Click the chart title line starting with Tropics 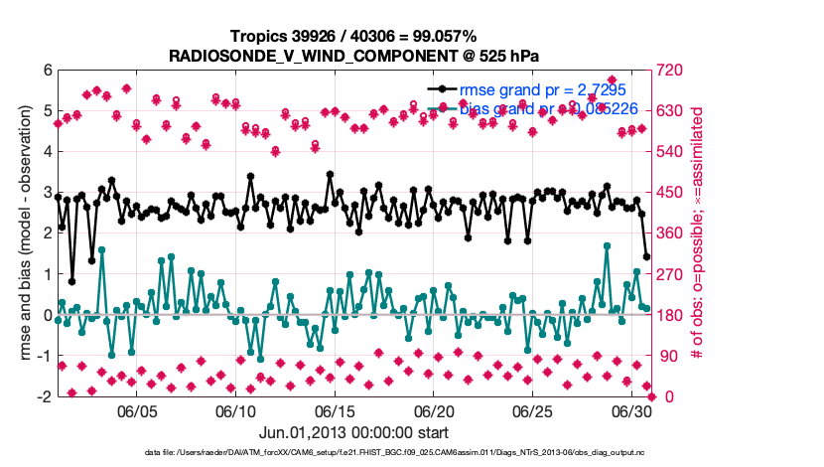pyautogui.click(x=354, y=36)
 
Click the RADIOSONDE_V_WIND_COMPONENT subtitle pyautogui.click(x=354, y=54)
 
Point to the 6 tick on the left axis pyautogui.click(x=46, y=72)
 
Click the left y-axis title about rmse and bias pyautogui.click(x=22, y=233)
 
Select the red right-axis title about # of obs pyautogui.click(x=698, y=233)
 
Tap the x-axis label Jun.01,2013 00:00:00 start pyautogui.click(x=354, y=433)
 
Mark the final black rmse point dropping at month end pyautogui.click(x=647, y=256)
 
